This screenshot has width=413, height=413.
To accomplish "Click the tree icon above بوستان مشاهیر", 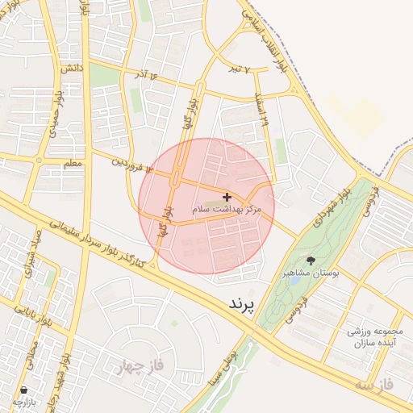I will click(x=311, y=261).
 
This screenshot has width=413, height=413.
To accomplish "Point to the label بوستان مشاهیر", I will click(x=310, y=274).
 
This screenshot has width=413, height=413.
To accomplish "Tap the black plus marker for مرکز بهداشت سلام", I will click(x=227, y=197).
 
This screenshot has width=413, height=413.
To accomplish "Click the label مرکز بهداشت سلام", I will click(x=227, y=209).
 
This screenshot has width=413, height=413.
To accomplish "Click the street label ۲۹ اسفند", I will click(x=261, y=110).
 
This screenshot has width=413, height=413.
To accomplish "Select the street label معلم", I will click(x=72, y=164).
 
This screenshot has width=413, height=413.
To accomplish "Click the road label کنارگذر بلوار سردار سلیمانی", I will click(x=108, y=243).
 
